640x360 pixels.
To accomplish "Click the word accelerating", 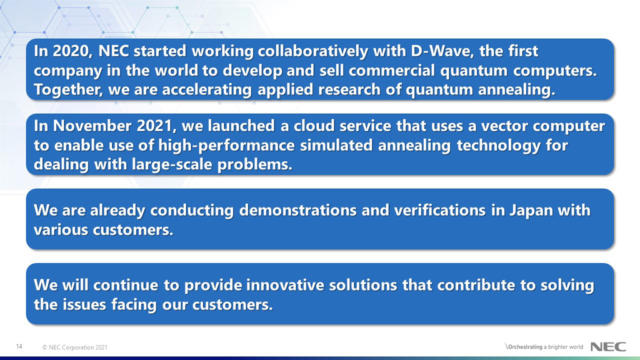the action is pyautogui.click(x=206, y=90).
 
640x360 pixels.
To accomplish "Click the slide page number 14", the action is pyautogui.click(x=19, y=346).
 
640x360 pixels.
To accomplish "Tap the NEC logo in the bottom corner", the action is pyautogui.click(x=608, y=347).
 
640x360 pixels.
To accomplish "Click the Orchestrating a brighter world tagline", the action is pyautogui.click(x=544, y=347).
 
